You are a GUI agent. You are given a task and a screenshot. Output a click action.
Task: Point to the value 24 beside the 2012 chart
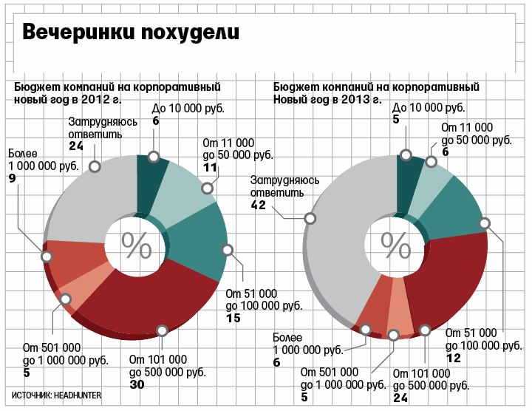point(77,146)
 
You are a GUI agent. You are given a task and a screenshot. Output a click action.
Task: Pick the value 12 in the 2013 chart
point(454,358)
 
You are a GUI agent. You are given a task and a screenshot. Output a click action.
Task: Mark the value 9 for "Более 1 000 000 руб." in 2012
point(12,178)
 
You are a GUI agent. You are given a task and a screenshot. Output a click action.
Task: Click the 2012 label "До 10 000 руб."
point(188,108)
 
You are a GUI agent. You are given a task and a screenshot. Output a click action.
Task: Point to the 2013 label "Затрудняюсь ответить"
point(284,187)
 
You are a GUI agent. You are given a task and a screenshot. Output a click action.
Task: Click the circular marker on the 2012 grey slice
point(95,166)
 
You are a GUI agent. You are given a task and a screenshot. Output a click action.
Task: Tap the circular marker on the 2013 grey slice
point(310,218)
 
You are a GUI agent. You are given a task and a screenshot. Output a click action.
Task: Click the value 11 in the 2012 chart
point(210,168)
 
